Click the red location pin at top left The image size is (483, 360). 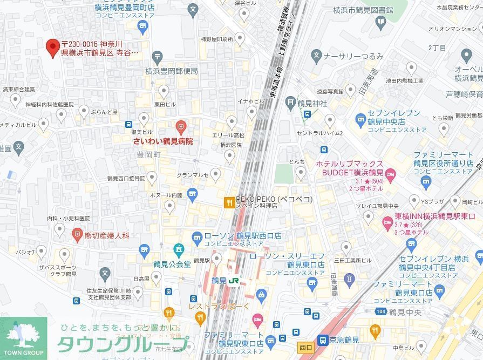[52, 47]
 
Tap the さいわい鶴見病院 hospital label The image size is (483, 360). [163, 141]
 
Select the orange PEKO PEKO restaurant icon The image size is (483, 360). [229, 203]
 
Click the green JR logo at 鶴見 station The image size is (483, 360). [234, 281]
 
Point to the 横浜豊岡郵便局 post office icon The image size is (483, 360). [157, 56]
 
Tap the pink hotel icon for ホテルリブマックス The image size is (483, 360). [391, 173]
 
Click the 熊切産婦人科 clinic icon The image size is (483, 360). [78, 235]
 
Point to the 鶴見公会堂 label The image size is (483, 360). [171, 264]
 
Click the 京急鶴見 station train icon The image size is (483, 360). [323, 341]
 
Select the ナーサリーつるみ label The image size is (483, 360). [353, 56]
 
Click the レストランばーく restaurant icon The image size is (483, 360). [170, 312]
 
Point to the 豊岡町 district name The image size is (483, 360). [149, 154]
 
